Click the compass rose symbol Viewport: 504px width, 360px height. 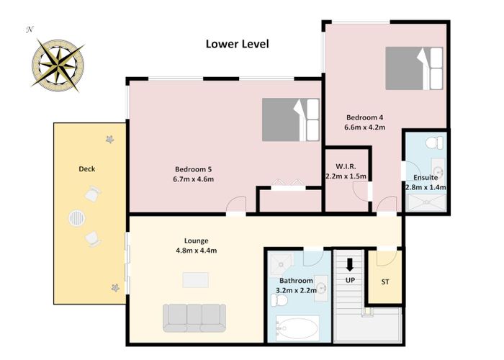click(x=58, y=66)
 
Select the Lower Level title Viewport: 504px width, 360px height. click(x=237, y=44)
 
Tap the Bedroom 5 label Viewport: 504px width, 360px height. click(x=193, y=169)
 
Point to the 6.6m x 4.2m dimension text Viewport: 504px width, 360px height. click(x=364, y=127)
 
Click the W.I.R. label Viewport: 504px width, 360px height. click(x=346, y=166)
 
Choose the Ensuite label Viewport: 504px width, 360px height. click(x=426, y=177)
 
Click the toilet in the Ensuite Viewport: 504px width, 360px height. click(x=434, y=143)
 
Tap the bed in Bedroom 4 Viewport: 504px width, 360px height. click(x=414, y=68)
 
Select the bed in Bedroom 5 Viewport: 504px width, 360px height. click(x=291, y=120)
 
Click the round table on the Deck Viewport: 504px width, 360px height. click(x=77, y=219)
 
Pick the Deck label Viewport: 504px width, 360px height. click(x=87, y=168)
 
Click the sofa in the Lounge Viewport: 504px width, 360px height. click(x=194, y=318)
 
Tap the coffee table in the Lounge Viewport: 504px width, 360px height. click(x=195, y=280)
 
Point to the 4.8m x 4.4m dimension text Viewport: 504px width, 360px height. click(x=196, y=251)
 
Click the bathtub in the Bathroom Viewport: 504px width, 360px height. click(x=297, y=328)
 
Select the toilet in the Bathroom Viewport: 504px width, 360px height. click(x=279, y=300)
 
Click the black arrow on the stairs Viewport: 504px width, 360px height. click(x=350, y=264)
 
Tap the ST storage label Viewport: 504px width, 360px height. click(x=385, y=282)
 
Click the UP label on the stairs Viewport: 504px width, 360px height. click(x=350, y=280)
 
